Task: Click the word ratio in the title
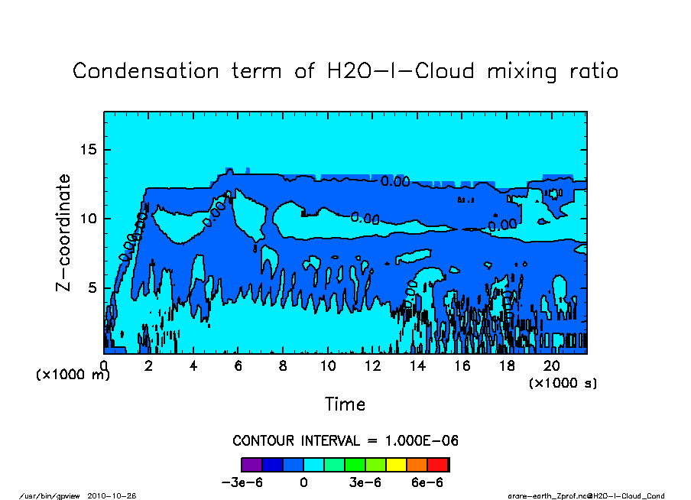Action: pyautogui.click(x=587, y=72)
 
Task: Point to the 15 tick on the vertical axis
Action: pyautogui.click(x=89, y=150)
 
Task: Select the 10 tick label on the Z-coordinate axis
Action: pyautogui.click(x=89, y=219)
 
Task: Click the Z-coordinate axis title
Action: pyautogui.click(x=64, y=232)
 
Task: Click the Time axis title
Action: pyautogui.click(x=345, y=404)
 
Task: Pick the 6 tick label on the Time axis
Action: pyautogui.click(x=238, y=366)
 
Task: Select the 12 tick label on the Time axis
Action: pyautogui.click(x=372, y=366)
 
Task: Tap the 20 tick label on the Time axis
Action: pyautogui.click(x=552, y=366)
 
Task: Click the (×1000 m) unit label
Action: pyautogui.click(x=73, y=375)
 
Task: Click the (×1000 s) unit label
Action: pyautogui.click(x=563, y=382)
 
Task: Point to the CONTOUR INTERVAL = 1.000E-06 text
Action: pyautogui.click(x=345, y=441)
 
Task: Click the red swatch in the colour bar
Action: pyautogui.click(x=439, y=464)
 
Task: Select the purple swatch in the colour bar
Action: pyautogui.click(x=251, y=464)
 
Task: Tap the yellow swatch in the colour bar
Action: pyautogui.click(x=397, y=464)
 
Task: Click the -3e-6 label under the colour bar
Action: pyautogui.click(x=242, y=483)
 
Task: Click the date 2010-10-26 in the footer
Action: pyautogui.click(x=117, y=496)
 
